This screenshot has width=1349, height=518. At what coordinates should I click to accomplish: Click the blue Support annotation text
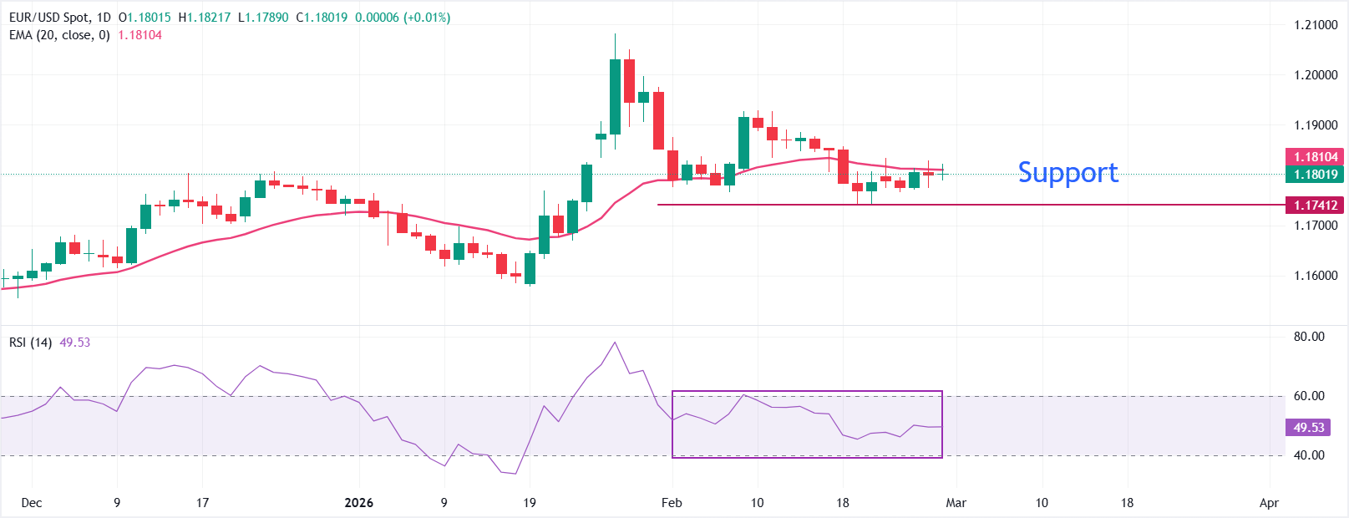(1068, 172)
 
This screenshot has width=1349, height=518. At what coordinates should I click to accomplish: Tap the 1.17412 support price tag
(1316, 205)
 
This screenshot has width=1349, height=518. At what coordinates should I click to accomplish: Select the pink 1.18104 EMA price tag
(1316, 156)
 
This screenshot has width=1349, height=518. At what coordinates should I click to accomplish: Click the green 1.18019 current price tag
(1316, 174)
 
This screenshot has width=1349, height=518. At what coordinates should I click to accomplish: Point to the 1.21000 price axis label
(1316, 25)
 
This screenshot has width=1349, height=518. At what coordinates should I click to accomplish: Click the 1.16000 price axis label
(1316, 276)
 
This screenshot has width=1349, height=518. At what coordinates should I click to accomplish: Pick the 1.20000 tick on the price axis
(1316, 75)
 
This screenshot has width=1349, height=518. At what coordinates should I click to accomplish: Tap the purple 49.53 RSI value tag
(1309, 427)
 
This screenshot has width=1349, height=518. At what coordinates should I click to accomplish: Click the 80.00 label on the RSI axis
(1309, 337)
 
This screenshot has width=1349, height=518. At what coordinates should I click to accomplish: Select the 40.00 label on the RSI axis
(1309, 455)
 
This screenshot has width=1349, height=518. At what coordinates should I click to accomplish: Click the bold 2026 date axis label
(359, 503)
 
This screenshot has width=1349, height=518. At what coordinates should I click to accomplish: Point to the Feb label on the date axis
(672, 503)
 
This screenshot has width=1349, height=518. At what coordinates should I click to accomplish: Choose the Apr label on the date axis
(1269, 503)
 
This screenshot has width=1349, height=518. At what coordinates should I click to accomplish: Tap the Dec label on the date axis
(32, 503)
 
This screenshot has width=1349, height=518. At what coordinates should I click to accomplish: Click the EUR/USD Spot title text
(48, 18)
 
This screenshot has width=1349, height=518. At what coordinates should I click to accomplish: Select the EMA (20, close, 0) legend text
(59, 35)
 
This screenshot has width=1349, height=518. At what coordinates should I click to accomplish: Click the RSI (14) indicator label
(31, 343)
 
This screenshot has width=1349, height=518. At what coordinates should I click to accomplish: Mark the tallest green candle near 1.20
(616, 96)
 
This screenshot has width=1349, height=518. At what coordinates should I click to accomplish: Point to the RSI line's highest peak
(616, 343)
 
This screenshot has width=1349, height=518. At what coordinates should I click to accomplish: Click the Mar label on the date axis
(956, 503)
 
